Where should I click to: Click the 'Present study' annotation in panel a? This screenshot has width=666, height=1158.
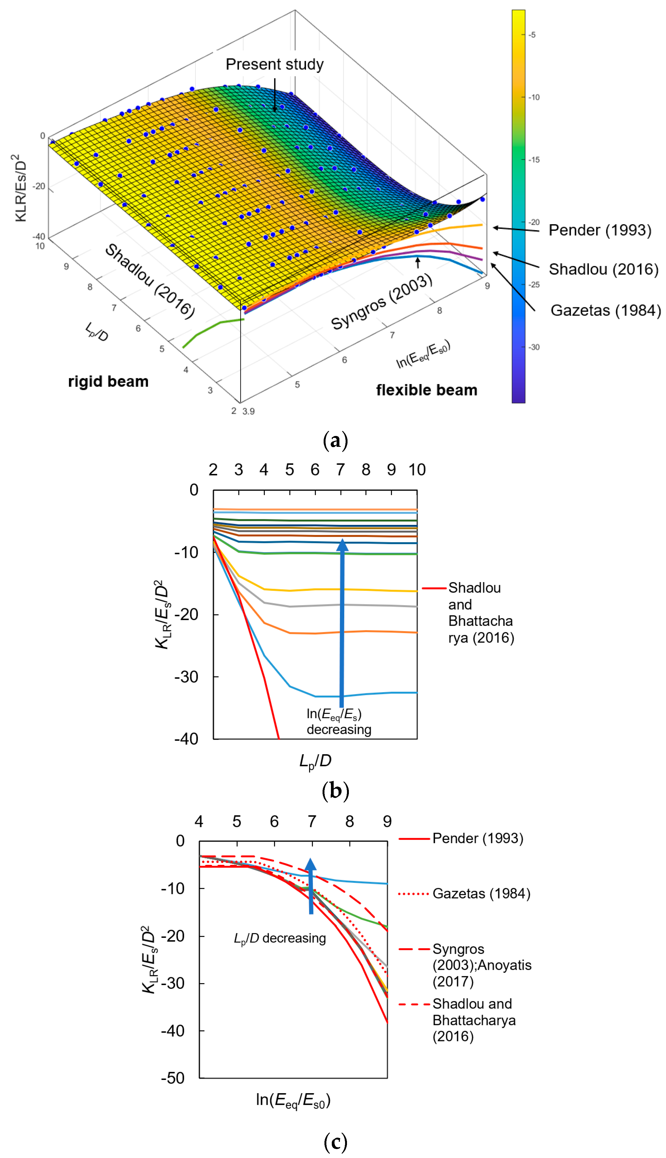275,65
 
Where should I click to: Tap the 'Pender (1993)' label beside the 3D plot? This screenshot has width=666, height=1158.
600,230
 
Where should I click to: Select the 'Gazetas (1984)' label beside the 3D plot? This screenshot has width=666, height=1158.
605,310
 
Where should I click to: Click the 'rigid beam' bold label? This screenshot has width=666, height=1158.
109,381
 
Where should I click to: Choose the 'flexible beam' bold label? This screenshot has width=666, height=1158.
427,390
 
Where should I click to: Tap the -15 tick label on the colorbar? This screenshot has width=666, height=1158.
534,159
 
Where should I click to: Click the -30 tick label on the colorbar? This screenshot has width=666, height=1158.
534,347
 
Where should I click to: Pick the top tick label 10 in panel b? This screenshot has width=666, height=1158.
417,470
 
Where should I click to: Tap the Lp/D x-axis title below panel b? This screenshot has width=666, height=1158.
315,761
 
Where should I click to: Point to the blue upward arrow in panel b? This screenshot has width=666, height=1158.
342,622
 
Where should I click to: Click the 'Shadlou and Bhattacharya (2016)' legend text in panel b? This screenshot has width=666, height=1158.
480,612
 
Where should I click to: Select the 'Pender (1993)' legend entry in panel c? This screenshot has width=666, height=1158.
477,838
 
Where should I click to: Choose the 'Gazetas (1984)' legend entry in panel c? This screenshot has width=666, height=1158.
481,893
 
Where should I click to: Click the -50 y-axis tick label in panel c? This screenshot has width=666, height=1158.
173,1078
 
